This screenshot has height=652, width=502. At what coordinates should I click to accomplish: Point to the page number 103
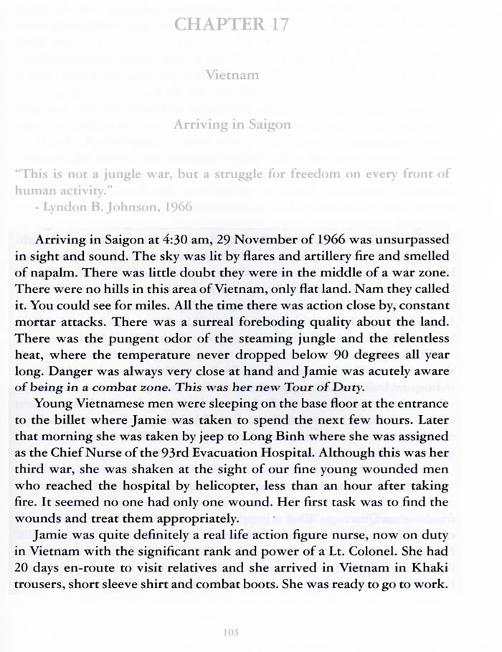coord(231,633)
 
